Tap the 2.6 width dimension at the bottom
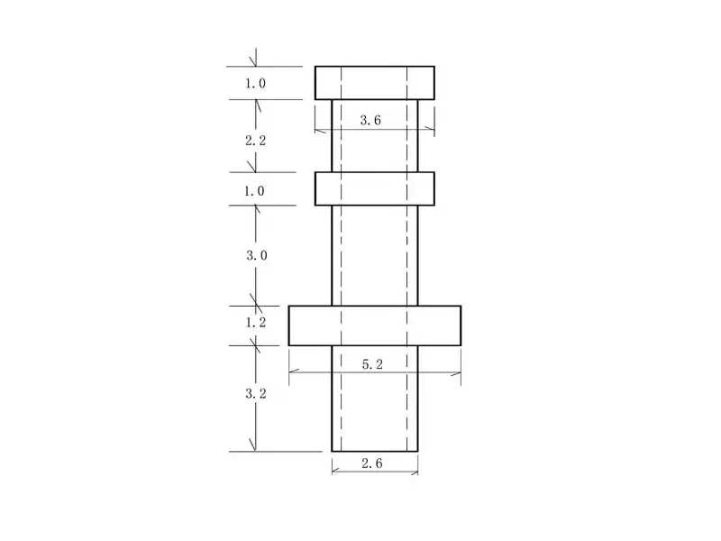pyautogui.click(x=372, y=463)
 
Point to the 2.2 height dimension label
pyautogui.click(x=256, y=141)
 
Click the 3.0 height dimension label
pyautogui.click(x=257, y=255)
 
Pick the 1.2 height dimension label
pyautogui.click(x=256, y=322)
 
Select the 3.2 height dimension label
pyautogui.click(x=257, y=394)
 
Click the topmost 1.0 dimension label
pyautogui.click(x=256, y=84)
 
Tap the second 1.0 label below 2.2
pyautogui.click(x=256, y=190)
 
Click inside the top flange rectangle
pyautogui.click(x=374, y=82)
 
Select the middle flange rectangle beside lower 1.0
pyautogui.click(x=374, y=188)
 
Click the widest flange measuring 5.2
pyautogui.click(x=374, y=326)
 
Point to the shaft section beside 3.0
pyautogui.click(x=374, y=255)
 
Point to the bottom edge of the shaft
pyautogui.click(x=374, y=451)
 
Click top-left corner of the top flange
pyautogui.click(x=315, y=67)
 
